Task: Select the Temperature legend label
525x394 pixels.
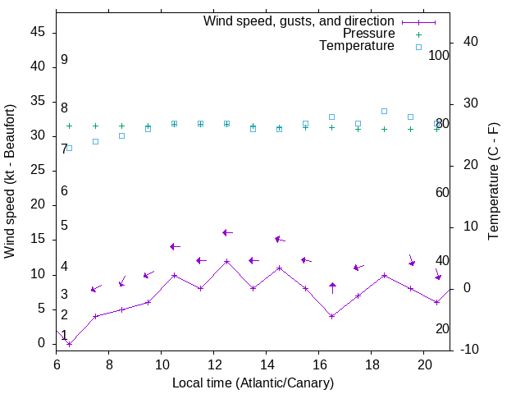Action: pyautogui.click(x=357, y=47)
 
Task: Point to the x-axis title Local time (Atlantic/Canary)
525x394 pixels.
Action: pyautogui.click(x=253, y=383)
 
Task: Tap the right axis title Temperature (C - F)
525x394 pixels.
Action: pyautogui.click(x=493, y=181)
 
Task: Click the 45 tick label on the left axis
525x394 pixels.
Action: pyautogui.click(x=38, y=32)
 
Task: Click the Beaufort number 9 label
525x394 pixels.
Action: pyautogui.click(x=64, y=60)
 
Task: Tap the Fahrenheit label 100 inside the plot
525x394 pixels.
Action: pyautogui.click(x=440, y=55)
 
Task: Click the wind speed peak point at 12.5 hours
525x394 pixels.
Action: pyautogui.click(x=227, y=261)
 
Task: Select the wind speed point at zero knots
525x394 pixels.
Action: pyautogui.click(x=70, y=344)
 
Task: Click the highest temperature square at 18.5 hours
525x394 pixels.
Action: pyautogui.click(x=384, y=111)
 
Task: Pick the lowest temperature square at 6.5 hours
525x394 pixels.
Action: pyautogui.click(x=69, y=148)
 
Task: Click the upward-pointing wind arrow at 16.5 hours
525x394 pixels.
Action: pyautogui.click(x=332, y=287)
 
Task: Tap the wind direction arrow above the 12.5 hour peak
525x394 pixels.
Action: pyautogui.click(x=228, y=233)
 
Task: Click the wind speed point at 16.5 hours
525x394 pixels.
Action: pyautogui.click(x=332, y=316)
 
